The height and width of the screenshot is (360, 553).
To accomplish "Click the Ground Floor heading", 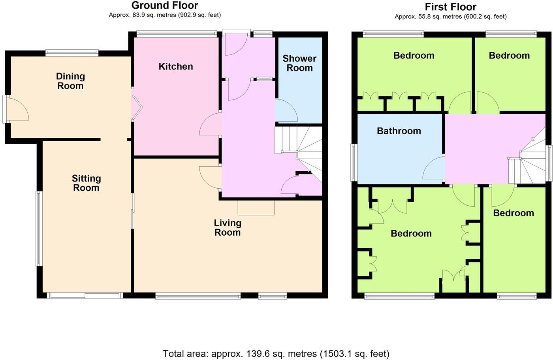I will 165,5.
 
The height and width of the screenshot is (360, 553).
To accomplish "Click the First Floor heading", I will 450,7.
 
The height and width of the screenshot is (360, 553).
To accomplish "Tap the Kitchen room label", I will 176,66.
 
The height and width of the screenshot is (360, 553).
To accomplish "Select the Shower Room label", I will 299,63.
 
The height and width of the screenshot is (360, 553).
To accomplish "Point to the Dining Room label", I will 70,81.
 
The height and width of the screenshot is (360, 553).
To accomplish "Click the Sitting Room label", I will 86,183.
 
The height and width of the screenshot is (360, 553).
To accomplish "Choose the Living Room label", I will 228,228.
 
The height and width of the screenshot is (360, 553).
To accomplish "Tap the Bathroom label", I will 399,131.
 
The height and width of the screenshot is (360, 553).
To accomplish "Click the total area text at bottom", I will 276,353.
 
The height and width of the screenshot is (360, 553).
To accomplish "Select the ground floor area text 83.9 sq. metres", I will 165,15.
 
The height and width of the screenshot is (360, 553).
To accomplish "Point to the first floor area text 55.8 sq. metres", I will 450,17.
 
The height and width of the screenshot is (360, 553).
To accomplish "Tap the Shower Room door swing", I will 285,111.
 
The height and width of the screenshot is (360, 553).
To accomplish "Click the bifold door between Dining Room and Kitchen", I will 136,107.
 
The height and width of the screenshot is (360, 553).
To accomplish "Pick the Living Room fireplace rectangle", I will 256,207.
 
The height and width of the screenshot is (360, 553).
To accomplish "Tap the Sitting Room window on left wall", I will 39,228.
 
